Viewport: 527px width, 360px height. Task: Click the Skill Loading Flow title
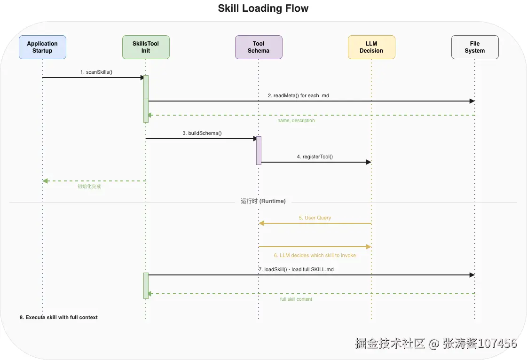point(263,8)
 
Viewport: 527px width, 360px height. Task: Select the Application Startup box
point(42,47)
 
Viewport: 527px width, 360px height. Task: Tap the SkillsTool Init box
point(146,47)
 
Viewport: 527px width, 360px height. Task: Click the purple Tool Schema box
point(259,47)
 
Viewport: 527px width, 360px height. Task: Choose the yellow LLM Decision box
point(371,47)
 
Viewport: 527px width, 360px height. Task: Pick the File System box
point(475,47)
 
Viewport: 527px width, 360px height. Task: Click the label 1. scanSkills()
point(96,72)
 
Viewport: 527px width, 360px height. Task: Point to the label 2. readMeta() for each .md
point(299,95)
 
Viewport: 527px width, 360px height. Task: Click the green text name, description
point(296,121)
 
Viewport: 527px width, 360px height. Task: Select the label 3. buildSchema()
point(202,133)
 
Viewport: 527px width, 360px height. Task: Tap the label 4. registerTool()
point(315,157)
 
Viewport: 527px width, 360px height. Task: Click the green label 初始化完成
point(89,187)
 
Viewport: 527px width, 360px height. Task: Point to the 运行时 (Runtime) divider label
point(263,201)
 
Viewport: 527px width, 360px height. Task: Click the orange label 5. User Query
point(315,218)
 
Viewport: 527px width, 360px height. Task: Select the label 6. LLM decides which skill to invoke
point(315,255)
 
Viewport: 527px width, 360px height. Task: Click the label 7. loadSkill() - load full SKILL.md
point(296,269)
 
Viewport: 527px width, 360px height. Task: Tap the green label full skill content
point(296,299)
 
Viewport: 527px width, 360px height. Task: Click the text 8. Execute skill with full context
point(59,317)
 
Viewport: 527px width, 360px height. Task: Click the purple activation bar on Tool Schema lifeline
point(259,150)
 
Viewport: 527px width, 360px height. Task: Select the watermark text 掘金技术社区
point(390,344)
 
